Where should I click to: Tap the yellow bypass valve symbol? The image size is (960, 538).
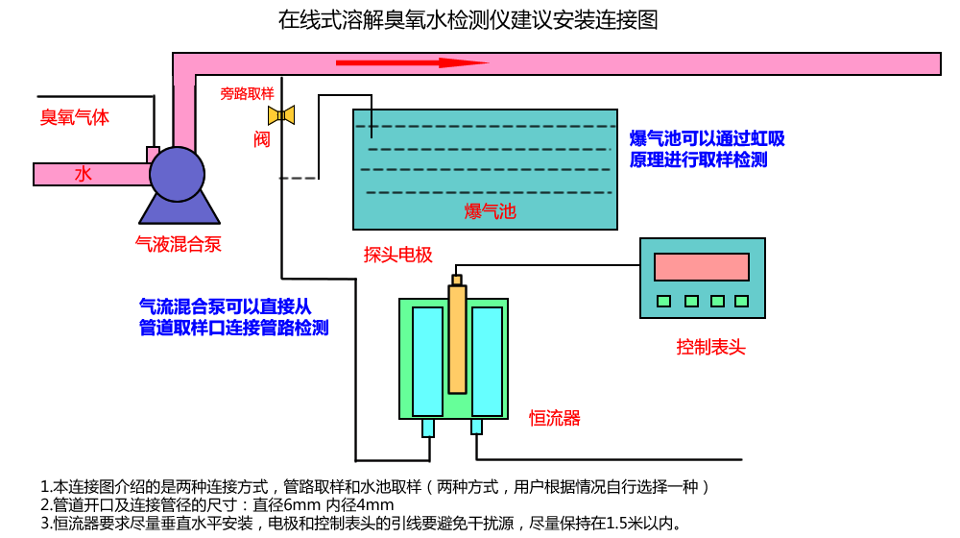pos(281,115)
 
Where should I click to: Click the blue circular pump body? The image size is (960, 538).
pos(178,173)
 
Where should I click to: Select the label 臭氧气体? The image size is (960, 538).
pos(74,117)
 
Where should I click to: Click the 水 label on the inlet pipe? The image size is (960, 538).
pos(84,175)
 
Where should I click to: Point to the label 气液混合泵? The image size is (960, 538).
pos(179,244)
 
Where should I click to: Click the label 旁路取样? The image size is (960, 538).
pos(247,93)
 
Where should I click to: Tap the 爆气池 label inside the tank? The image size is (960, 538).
pos(490,211)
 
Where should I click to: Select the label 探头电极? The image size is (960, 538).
pos(397,255)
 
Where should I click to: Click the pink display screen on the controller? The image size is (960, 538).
pos(701,266)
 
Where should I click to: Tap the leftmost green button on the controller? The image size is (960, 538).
pos(663,301)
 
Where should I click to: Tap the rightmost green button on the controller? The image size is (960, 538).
pos(741,301)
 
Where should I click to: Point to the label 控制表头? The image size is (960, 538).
pos(710,347)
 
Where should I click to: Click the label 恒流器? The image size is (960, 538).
pos(555,418)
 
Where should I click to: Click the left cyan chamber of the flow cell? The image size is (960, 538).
pos(427,360)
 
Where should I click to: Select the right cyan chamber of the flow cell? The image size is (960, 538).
pos(487,360)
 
